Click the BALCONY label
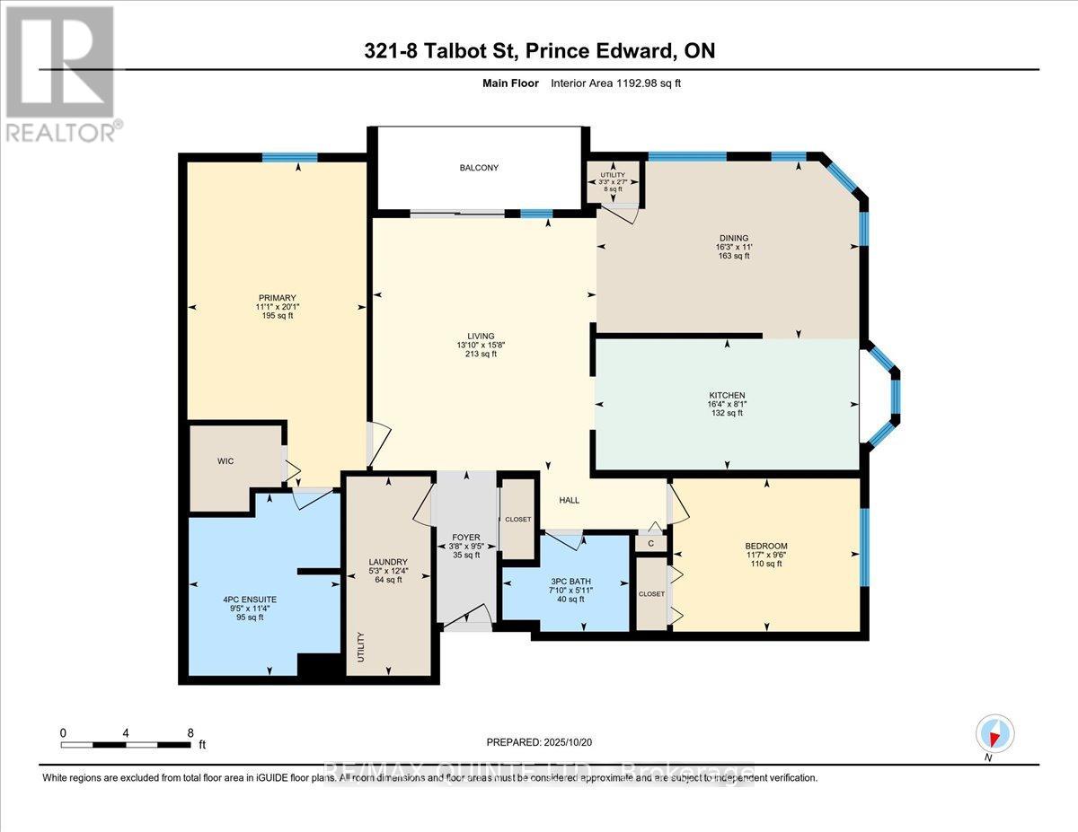point(479,168)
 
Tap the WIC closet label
point(225,461)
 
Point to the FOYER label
point(464,536)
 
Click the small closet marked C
point(650,543)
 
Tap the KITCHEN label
point(726,396)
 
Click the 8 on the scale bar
point(190,732)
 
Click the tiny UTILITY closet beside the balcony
point(614,181)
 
